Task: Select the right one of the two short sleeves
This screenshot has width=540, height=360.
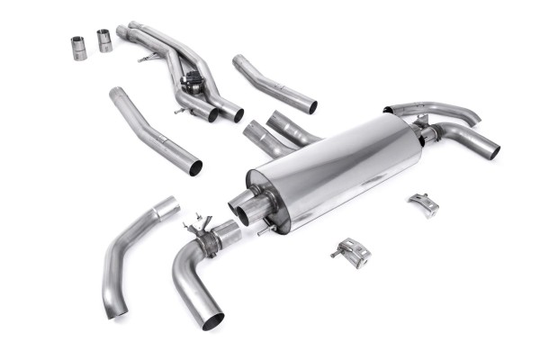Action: click(104, 40)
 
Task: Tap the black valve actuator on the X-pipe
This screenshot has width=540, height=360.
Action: click(191, 83)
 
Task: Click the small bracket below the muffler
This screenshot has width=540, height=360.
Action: click(353, 253)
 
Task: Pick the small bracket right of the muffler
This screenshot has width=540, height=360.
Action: click(423, 203)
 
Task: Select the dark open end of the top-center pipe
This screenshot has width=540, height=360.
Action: click(311, 106)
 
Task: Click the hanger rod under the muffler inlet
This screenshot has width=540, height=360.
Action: click(264, 229)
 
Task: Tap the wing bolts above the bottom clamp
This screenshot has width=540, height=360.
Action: click(192, 220)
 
